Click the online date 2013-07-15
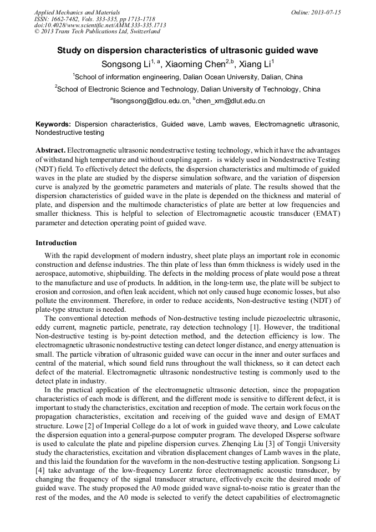pos(325,12)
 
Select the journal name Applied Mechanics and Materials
pos(77,12)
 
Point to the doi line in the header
pos(100,26)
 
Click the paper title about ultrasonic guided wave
pos(187,50)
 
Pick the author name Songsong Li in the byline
pos(125,64)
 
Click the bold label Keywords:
pos(54,124)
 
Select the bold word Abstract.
pos(50,151)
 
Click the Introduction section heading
pos(56,243)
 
